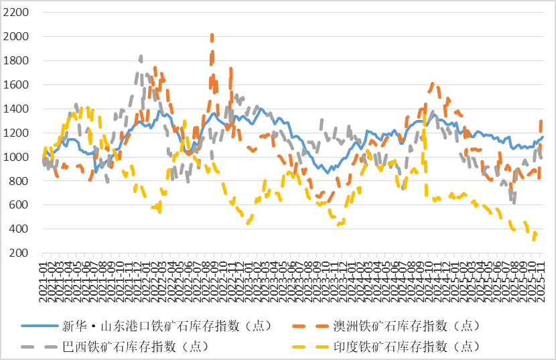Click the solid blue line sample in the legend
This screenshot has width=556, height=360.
coord(40,326)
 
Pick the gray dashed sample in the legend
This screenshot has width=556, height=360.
coord(40,347)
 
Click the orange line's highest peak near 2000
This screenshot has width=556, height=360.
coord(212,36)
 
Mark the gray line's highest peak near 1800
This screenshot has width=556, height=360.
coord(140,57)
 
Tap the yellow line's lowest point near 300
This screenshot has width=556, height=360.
coord(534,238)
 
